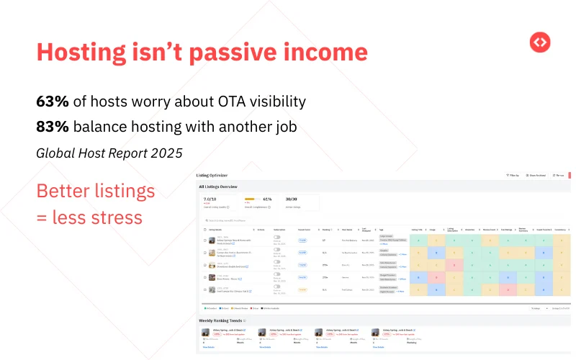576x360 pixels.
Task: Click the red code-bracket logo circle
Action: pyautogui.click(x=539, y=42)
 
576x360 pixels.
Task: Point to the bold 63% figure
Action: pyautogui.click(x=53, y=102)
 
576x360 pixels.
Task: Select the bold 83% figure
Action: pyautogui.click(x=53, y=127)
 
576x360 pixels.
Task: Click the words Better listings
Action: pyautogui.click(x=95, y=192)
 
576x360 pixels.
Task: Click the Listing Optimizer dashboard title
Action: pyautogui.click(x=217, y=175)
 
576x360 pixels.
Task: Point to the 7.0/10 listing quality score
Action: pyautogui.click(x=211, y=199)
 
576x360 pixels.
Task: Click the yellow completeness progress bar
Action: pyautogui.click(x=251, y=199)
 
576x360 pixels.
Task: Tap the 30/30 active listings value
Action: pyautogui.click(x=292, y=199)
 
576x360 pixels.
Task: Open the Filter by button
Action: pyautogui.click(x=512, y=175)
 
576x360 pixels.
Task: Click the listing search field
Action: pyautogui.click(x=238, y=220)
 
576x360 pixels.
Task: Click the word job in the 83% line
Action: pyautogui.click(x=284, y=127)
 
